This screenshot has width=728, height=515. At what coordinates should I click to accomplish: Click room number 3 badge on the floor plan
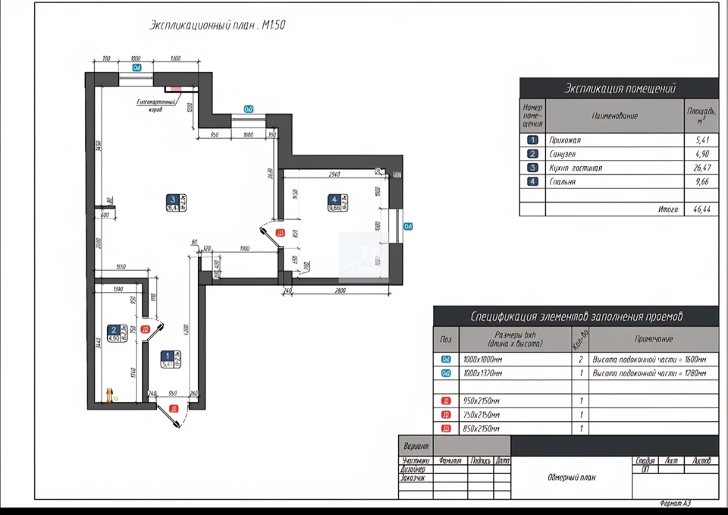point(172,199)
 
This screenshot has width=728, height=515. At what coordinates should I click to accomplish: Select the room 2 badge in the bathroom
point(113,330)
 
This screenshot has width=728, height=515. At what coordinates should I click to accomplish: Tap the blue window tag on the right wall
point(408,226)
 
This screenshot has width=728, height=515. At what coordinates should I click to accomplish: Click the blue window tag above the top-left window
point(137,68)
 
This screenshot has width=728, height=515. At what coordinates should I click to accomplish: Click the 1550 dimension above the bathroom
point(116,268)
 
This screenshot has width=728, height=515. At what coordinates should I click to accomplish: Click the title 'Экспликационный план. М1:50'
point(218,25)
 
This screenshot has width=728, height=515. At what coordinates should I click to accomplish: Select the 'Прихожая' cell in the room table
point(566,140)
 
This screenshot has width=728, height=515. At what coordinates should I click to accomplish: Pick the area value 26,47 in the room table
point(701,168)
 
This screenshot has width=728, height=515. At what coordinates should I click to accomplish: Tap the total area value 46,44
point(701,209)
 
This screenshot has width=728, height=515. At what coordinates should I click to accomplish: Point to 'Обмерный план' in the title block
point(571,477)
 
